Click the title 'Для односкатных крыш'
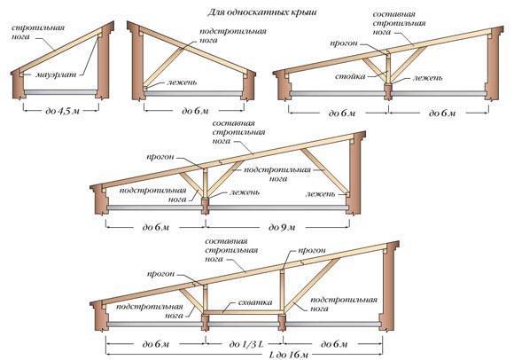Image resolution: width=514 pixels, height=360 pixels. (262, 12)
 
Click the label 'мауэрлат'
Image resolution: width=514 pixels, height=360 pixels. (56, 74)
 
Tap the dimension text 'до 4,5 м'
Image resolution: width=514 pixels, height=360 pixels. (62, 111)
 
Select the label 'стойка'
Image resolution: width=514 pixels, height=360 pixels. (350, 76)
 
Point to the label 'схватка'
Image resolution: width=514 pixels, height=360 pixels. (256, 302)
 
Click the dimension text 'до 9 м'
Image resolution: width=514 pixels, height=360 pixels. (282, 227)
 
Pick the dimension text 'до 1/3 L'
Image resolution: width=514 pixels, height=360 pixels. (245, 344)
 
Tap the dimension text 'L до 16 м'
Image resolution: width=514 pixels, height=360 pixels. (289, 355)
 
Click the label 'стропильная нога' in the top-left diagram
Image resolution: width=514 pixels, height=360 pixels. (38, 32)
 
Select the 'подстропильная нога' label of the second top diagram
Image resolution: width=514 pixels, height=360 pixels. (233, 35)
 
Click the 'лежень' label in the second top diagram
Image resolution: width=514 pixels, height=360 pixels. (182, 82)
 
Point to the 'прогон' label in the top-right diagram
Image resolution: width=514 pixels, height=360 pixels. (343, 43)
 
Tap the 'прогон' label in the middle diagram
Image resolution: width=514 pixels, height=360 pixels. (160, 157)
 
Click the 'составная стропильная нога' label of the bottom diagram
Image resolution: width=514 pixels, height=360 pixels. (231, 250)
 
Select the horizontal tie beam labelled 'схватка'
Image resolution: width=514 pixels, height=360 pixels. (243, 312)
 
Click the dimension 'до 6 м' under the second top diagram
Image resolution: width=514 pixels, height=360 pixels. (195, 111)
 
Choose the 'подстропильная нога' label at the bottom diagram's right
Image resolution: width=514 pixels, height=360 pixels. (344, 304)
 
